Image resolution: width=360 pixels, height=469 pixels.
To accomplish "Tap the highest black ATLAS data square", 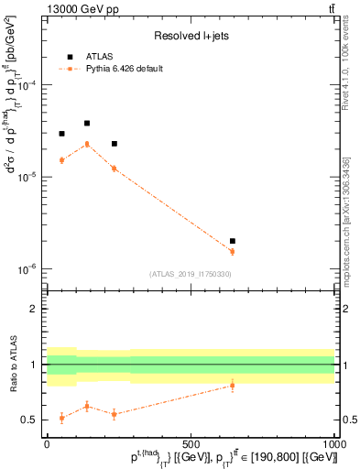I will point(87,123).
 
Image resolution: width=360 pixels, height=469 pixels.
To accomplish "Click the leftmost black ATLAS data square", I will point(61,134).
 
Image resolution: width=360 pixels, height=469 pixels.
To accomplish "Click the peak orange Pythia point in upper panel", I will point(87,144).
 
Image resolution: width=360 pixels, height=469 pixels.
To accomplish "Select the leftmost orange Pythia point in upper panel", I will point(61,160).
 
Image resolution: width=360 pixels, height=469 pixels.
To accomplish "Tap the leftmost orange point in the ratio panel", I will point(61,418).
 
